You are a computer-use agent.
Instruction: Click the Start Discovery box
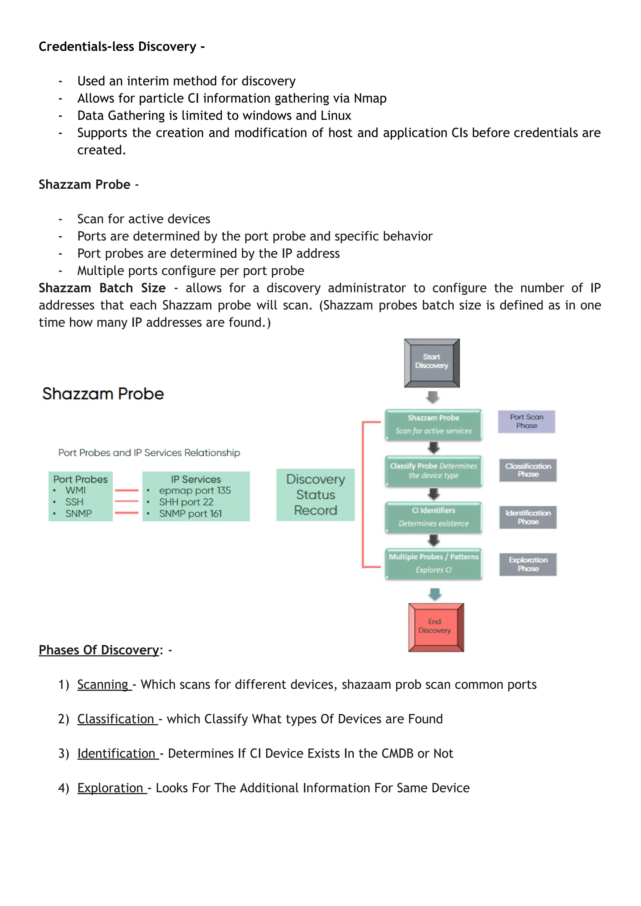(432, 363)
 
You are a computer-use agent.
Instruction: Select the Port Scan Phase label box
(526, 422)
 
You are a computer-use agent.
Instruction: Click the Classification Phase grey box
(528, 470)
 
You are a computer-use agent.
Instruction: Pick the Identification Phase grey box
(528, 517)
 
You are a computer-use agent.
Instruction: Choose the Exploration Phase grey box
(528, 564)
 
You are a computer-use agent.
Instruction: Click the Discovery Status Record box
(315, 494)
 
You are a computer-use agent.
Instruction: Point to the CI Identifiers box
(433, 517)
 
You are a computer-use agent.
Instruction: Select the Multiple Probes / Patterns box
(433, 563)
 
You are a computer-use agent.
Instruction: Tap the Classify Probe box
(433, 471)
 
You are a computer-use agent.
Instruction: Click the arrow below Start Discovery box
(433, 397)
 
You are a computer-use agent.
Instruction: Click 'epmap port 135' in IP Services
(195, 490)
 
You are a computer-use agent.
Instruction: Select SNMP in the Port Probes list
(79, 513)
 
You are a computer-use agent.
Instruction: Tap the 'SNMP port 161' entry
(190, 513)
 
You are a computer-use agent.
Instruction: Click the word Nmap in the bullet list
(370, 98)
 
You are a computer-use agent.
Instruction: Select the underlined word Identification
(116, 753)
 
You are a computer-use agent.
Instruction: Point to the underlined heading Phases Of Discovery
(99, 650)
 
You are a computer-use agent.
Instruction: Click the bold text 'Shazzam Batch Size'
(102, 288)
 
